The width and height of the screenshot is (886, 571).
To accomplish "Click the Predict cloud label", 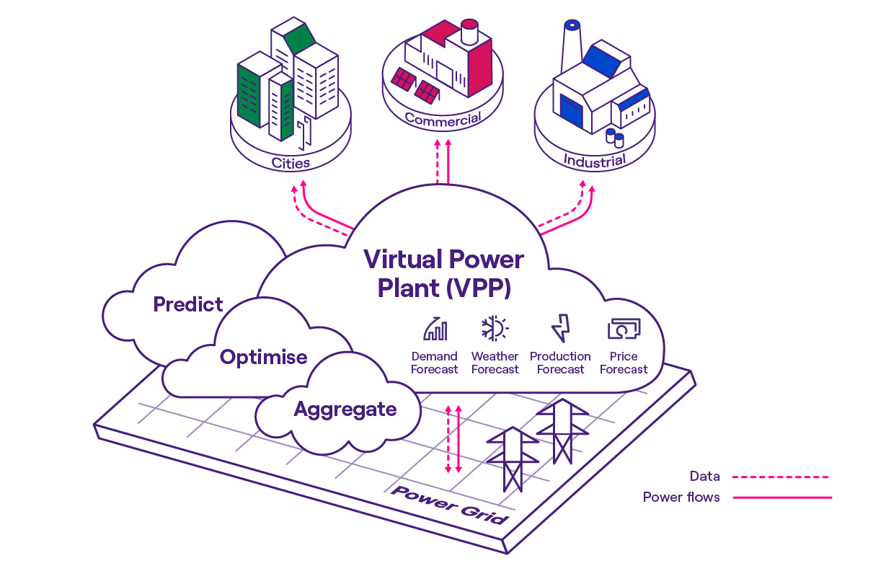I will pyautogui.click(x=188, y=304).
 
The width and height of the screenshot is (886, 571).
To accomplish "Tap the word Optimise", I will pyautogui.click(x=263, y=357).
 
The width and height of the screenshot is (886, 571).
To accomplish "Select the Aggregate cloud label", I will pyautogui.click(x=345, y=410).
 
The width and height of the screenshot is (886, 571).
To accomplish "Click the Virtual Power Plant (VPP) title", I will pyautogui.click(x=443, y=273).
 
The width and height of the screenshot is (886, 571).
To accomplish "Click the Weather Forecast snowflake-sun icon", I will pyautogui.click(x=495, y=329).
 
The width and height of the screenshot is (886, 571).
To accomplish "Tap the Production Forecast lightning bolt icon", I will pyautogui.click(x=560, y=329).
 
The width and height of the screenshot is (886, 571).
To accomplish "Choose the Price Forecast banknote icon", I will pyautogui.click(x=624, y=329).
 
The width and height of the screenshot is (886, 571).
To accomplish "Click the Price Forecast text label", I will pyautogui.click(x=624, y=363).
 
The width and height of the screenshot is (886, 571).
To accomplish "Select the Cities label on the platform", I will pyautogui.click(x=291, y=163).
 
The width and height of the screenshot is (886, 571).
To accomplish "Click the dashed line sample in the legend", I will pyautogui.click(x=780, y=477).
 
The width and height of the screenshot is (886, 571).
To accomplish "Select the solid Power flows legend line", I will pyautogui.click(x=781, y=497).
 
